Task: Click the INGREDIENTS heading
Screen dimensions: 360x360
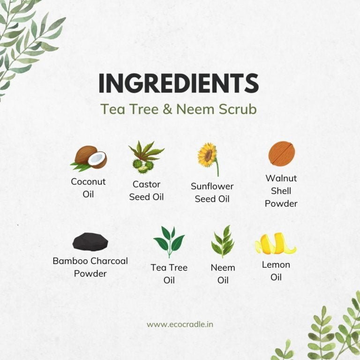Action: (179, 83)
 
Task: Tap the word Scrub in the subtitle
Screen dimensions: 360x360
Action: (237, 109)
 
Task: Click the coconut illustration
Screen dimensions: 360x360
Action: (89, 158)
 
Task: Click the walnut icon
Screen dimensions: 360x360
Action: (282, 153)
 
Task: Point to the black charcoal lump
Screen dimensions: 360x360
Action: (90, 241)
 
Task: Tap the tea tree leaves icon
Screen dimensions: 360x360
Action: (169, 242)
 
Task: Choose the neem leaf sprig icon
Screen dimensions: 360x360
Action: (223, 242)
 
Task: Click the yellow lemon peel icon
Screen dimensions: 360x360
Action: (276, 244)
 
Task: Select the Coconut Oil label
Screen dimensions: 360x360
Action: (88, 188)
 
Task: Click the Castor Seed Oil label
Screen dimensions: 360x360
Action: (146, 191)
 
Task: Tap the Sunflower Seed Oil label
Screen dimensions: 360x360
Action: (212, 192)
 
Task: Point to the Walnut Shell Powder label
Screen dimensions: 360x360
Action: (281, 191)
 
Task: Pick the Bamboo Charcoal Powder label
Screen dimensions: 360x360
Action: (90, 267)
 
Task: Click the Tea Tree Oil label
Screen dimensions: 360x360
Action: (169, 274)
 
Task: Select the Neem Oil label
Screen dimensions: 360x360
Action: (223, 274)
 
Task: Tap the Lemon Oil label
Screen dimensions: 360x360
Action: (276, 271)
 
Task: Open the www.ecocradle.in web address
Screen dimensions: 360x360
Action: (180, 324)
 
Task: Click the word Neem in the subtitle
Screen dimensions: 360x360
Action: (196, 109)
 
